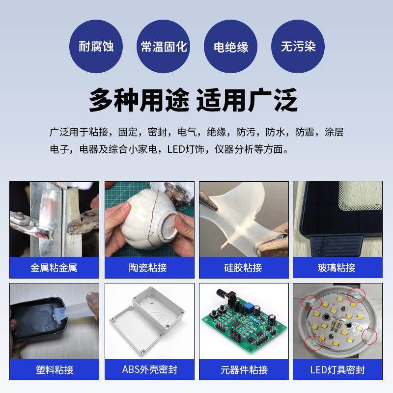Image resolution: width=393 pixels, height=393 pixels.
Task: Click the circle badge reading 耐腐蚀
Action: tap(96, 47)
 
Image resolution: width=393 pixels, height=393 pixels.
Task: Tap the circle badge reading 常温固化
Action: tap(164, 47)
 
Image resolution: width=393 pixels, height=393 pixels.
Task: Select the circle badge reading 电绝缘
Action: tap(231, 47)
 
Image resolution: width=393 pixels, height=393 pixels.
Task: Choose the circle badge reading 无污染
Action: tap(298, 47)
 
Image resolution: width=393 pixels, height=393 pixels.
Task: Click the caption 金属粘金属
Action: tap(54, 268)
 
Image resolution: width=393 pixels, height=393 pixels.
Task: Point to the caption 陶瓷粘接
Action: tap(148, 268)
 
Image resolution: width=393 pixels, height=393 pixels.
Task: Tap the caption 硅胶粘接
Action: tap(243, 268)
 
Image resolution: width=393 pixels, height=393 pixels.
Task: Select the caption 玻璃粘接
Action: tap(337, 268)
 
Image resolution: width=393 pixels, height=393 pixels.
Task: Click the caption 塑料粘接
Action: tap(54, 369)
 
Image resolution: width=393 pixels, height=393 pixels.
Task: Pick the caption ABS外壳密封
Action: tap(148, 369)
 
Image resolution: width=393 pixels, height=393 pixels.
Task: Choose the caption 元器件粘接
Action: tap(243, 369)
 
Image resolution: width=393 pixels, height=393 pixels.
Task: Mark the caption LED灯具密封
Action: tap(337, 369)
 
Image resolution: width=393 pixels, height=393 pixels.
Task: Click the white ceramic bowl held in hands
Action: tap(147, 216)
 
